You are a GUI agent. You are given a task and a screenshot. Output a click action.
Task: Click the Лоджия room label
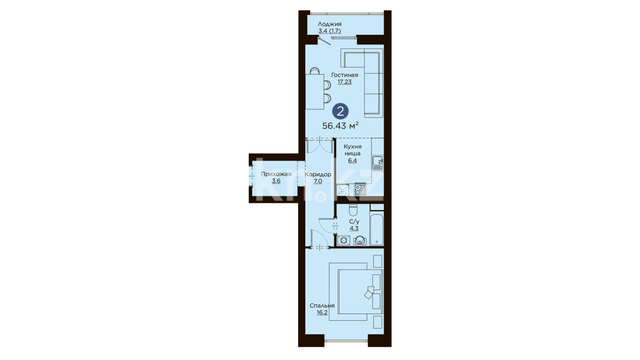coord(329,24)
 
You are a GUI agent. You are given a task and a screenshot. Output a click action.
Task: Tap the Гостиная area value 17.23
coord(344,82)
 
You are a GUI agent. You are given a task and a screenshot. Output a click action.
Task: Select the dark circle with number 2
coord(340,111)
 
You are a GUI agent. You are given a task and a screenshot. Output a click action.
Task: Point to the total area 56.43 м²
coord(340,126)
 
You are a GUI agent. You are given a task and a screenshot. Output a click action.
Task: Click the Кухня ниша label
coord(352,150)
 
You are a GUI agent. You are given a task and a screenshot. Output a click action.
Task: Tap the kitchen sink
coord(378,163)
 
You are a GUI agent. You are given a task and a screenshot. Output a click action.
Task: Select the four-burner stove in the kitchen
coord(360,189)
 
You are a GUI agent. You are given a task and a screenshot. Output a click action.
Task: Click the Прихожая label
coord(276,174)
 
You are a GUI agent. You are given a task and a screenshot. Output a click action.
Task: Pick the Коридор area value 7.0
coord(318,181)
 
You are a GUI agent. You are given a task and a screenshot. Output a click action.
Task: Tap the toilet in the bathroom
coord(353,210)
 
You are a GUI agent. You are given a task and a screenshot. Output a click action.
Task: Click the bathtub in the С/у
coord(377,228)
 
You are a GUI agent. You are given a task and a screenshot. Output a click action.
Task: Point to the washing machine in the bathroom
coord(344,240)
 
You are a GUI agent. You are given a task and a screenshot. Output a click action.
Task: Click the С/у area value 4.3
coord(354,228)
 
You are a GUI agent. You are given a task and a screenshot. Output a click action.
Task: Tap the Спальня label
coord(322,306)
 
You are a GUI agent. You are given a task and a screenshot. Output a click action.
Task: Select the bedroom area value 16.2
coord(322,313)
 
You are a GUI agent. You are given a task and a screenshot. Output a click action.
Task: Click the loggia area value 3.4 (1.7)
coord(329,31)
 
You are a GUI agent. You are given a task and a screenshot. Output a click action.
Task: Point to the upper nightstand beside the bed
coord(377,261)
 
